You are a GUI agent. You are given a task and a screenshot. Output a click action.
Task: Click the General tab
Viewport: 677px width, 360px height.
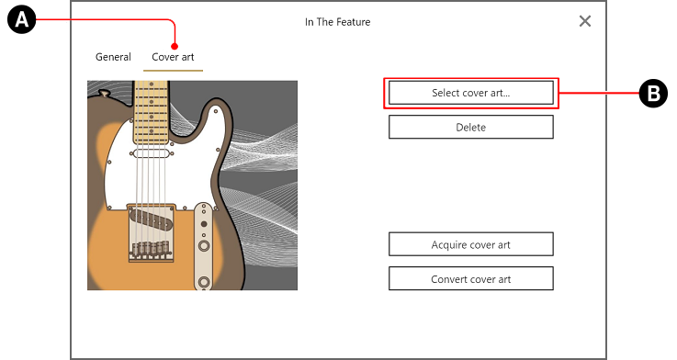coord(113,57)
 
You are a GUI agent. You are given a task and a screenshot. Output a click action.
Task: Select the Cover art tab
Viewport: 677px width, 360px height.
coord(173,57)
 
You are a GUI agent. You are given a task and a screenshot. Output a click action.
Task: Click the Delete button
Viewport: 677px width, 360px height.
coord(470,127)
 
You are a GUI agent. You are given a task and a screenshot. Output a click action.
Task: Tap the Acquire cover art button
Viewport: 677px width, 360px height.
coord(470,244)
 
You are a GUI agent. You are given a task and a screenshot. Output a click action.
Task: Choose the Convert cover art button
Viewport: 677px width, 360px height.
coord(470,279)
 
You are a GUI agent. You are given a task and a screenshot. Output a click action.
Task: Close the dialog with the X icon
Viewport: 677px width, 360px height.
coord(585,21)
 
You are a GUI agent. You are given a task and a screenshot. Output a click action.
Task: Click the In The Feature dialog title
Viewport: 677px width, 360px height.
coord(338,22)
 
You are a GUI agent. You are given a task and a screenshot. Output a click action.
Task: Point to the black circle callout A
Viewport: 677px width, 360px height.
coord(22,20)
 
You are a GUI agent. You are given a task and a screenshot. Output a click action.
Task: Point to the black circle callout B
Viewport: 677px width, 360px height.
coord(653,94)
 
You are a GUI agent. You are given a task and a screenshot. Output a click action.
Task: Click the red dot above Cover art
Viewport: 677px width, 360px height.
coord(175,46)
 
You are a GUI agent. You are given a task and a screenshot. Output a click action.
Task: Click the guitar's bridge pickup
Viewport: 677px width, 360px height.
coord(152,219)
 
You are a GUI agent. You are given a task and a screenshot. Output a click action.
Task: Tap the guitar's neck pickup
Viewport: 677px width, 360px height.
coord(152,153)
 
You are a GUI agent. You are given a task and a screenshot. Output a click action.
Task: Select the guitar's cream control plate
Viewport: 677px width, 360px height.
coord(204,246)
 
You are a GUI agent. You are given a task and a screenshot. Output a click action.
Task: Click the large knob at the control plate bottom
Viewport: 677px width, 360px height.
coord(204,283)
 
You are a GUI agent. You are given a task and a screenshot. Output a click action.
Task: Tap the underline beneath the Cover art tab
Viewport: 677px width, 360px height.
coord(173,71)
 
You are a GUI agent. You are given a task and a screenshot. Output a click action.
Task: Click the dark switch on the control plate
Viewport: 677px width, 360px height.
coord(204,224)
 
